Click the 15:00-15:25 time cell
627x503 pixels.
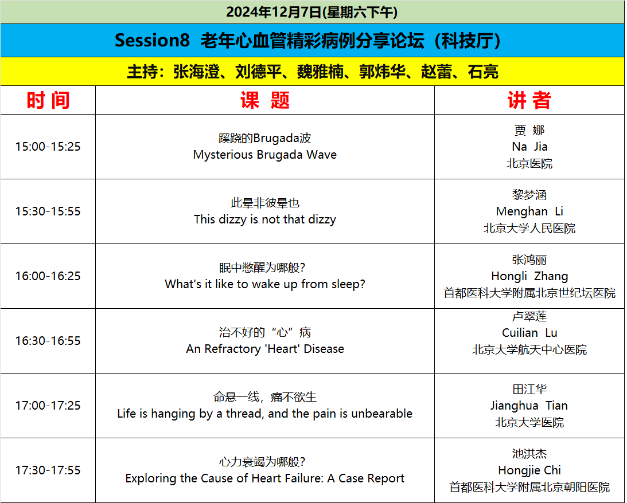pos(48,147)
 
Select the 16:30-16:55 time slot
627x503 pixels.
pos(48,340)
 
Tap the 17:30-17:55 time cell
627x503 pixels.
pos(48,470)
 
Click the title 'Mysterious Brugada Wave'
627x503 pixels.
pos(264,155)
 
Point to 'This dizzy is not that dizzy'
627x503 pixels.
pos(264,219)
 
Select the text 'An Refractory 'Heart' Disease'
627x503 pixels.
pos(264,349)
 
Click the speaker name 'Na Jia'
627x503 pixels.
pos(529,147)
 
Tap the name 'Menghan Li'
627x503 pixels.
pos(529,211)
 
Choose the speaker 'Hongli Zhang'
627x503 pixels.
pos(529,276)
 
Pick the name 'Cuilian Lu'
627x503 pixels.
pos(529,332)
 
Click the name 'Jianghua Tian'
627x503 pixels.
pos(529,406)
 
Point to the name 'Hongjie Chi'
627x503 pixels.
pos(529,470)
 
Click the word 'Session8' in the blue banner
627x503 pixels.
pos(152,40)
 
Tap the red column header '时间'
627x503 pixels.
pos(48,100)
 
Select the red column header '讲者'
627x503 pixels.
pos(529,100)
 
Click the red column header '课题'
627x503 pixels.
pos(264,100)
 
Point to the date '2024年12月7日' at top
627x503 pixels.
pos(274,12)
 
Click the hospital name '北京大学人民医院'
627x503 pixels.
pos(529,229)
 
